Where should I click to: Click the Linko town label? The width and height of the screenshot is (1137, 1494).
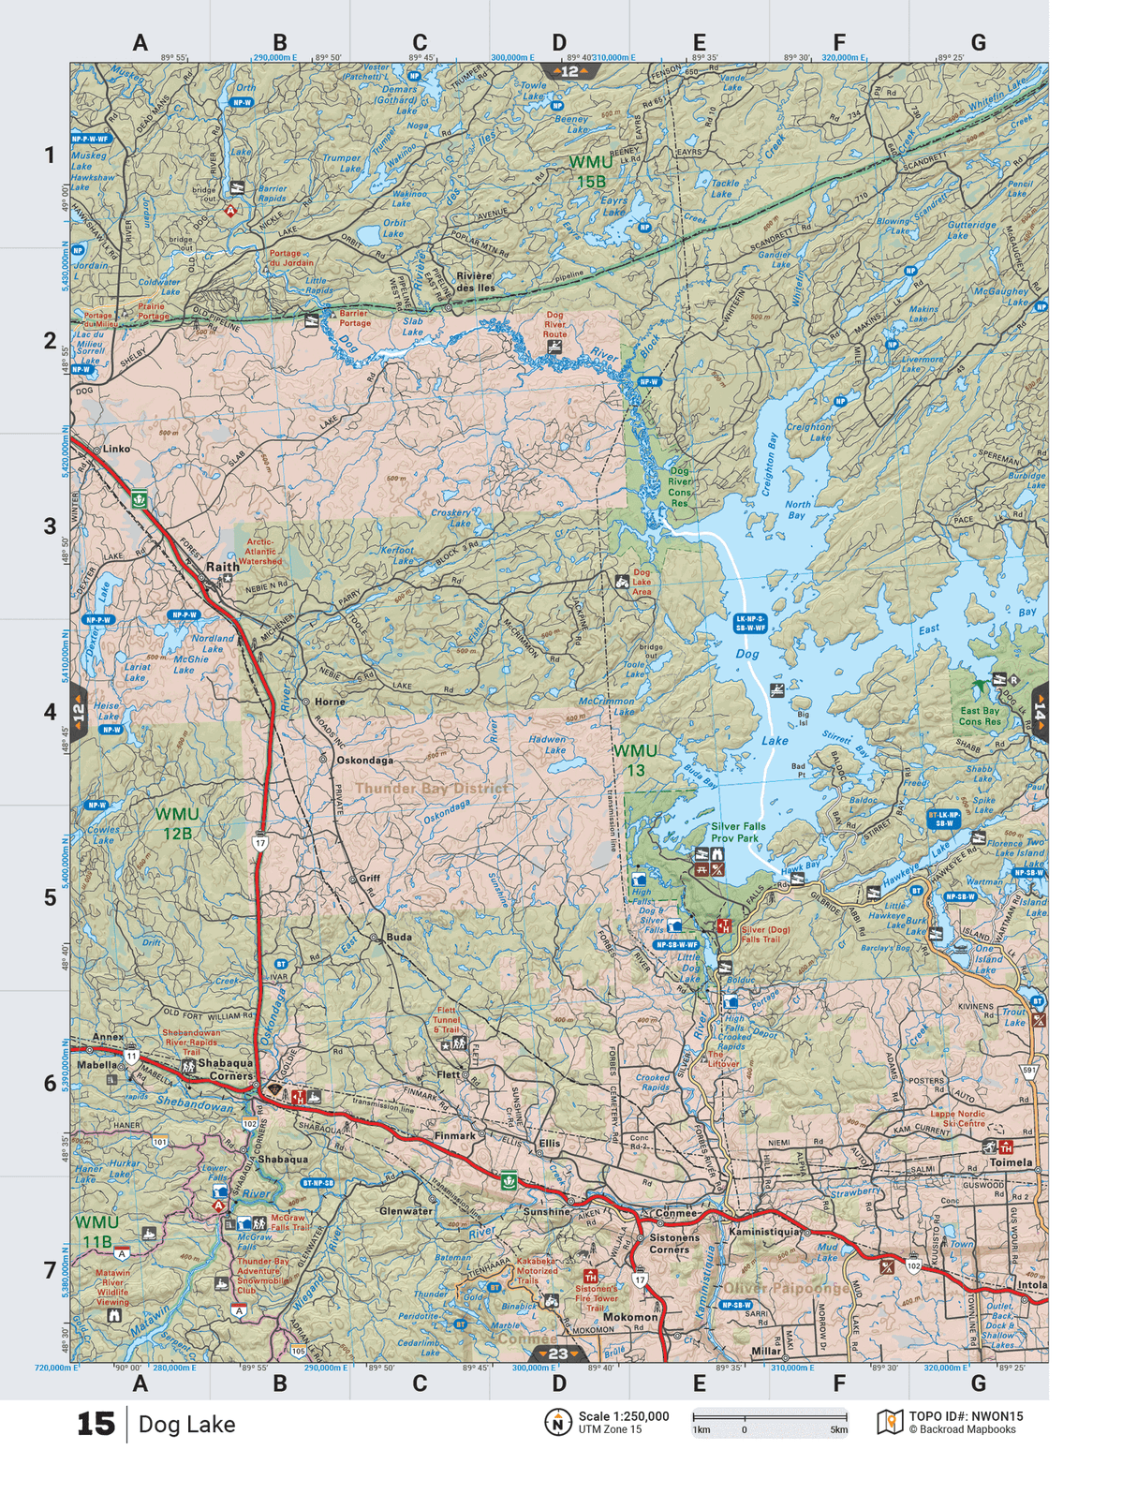[x=116, y=449]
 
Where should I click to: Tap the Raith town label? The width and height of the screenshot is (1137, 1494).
[x=222, y=567]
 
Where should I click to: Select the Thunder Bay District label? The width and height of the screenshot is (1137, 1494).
[x=431, y=788]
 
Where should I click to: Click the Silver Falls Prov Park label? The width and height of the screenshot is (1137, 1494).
[x=737, y=832]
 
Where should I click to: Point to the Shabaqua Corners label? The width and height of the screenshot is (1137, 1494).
[x=225, y=1069]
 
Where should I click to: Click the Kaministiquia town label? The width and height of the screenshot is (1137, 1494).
[x=765, y=1232]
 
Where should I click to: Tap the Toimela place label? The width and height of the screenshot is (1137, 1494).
[x=1011, y=1161]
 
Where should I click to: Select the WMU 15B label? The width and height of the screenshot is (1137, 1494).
[x=591, y=171]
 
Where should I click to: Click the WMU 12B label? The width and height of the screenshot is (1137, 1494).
[x=177, y=823]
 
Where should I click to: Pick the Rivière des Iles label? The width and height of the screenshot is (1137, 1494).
[x=475, y=282]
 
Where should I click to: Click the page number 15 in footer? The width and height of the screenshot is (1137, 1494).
[x=96, y=1424]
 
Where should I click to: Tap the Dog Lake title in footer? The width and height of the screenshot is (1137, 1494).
[x=186, y=1424]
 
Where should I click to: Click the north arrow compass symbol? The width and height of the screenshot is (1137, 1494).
[x=557, y=1422]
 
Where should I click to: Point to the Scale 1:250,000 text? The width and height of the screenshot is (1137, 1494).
[x=623, y=1416]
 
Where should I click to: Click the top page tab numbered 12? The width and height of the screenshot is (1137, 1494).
[x=568, y=71]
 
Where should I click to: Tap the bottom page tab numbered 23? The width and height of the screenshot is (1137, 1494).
[x=558, y=1353]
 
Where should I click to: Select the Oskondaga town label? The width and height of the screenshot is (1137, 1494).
[x=365, y=761]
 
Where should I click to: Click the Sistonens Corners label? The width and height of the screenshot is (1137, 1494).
[x=669, y=1243]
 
